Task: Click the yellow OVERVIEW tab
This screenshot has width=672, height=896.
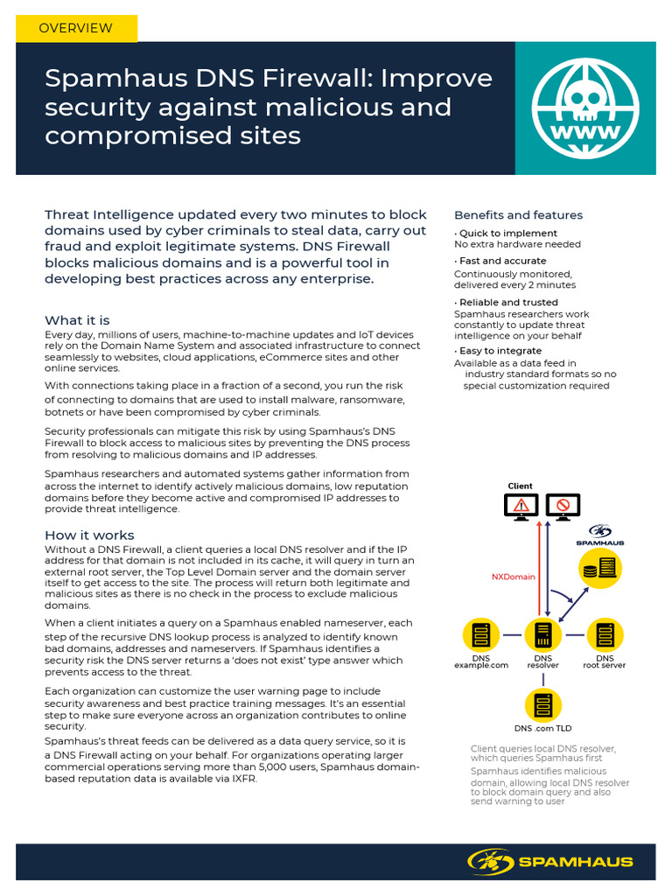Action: (76, 28)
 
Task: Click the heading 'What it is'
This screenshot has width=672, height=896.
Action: (77, 320)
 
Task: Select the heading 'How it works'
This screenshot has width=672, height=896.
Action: (89, 535)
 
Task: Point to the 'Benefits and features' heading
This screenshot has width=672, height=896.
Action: (518, 215)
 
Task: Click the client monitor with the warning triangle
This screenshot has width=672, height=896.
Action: (521, 506)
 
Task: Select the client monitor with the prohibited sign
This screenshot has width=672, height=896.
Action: (563, 506)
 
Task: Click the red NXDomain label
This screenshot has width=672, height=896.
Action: (513, 577)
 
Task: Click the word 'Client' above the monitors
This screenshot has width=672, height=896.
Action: (520, 486)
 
